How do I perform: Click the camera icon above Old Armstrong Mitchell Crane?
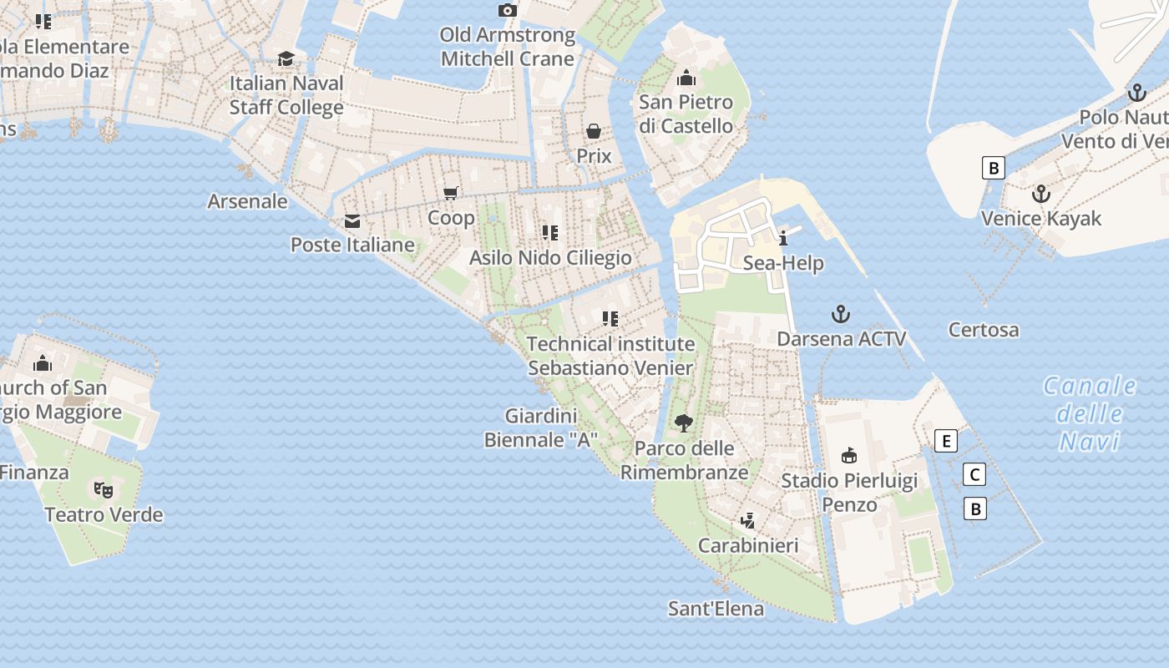[x=507, y=11]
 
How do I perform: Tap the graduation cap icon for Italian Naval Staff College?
[x=286, y=58]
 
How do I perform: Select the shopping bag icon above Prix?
[x=594, y=131]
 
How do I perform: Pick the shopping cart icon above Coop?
[x=451, y=194]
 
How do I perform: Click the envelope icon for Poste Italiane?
[x=352, y=221]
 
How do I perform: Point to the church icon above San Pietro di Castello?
[x=686, y=78]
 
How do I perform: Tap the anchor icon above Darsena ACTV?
[x=841, y=314]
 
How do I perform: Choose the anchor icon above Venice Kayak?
[x=1040, y=194]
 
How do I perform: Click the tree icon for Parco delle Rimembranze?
[x=684, y=423]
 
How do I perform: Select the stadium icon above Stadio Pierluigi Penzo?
[x=849, y=455]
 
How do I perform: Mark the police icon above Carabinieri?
[x=748, y=521]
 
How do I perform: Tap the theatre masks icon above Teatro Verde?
[x=104, y=489]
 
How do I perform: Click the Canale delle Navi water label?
[x=1090, y=413]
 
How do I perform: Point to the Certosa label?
[x=984, y=330]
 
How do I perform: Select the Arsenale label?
[x=247, y=201]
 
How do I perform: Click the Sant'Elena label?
[x=716, y=609]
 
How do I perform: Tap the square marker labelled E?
[x=945, y=441]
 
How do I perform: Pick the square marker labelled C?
[x=974, y=475]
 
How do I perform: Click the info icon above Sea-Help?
[x=782, y=238]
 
